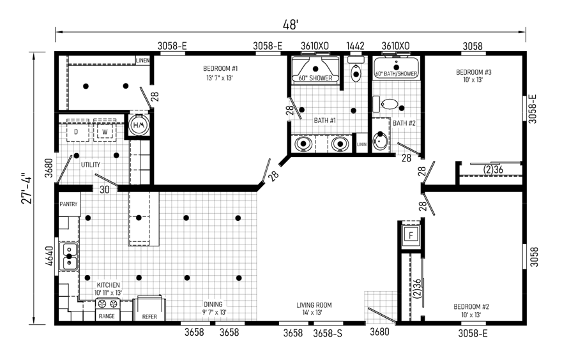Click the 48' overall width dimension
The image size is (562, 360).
click(291, 25)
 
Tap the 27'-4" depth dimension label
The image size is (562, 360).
click(27, 188)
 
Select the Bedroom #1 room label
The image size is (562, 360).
click(220, 68)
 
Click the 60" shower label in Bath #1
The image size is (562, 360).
click(315, 78)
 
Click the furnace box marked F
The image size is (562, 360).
click(411, 235)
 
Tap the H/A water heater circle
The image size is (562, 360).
click(139, 124)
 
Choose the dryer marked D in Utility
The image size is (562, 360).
click(77, 131)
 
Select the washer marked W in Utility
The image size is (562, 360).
click(105, 131)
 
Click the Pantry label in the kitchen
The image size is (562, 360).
click(68, 204)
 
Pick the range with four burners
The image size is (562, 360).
click(107, 309)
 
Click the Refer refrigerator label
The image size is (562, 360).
click(149, 317)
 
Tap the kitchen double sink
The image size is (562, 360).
click(69, 257)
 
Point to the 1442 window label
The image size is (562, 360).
click(355, 46)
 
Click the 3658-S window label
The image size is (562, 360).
click(328, 333)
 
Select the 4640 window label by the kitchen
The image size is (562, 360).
click(50, 256)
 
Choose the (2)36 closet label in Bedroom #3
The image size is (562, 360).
click(493, 169)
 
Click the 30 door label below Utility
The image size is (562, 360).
click(104, 190)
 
